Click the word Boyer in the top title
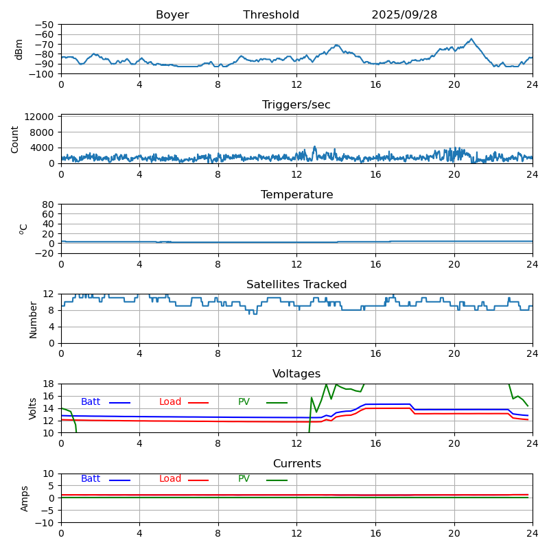[172, 15]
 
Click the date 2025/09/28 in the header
[404, 15]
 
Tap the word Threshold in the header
[271, 15]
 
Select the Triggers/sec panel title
[296, 105]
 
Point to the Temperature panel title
[296, 195]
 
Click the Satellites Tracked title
[296, 285]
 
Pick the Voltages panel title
[296, 374]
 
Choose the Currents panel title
[296, 464]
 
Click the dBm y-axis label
[19, 49]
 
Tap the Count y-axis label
[15, 139]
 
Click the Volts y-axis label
[33, 408]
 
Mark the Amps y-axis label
[25, 498]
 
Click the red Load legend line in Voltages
[198, 403]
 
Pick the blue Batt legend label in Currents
[91, 479]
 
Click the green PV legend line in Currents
[277, 480]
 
